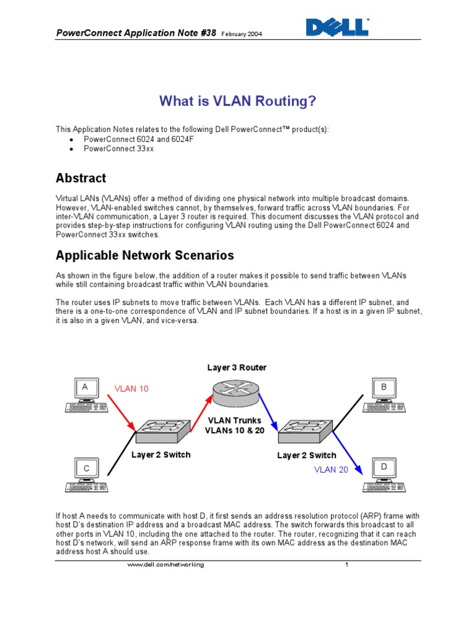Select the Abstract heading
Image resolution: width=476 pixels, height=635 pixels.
[81, 178]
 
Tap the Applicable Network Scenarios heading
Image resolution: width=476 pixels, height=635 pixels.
[145, 255]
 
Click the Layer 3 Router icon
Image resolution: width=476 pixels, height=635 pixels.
[236, 392]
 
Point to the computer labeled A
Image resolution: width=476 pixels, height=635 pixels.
[86, 397]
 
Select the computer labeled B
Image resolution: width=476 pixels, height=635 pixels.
[384, 397]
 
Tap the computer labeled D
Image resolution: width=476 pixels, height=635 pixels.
[384, 475]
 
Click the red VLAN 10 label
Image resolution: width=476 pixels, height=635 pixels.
[131, 389]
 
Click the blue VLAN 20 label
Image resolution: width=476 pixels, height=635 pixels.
[331, 469]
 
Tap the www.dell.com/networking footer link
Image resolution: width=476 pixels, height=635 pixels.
[165, 565]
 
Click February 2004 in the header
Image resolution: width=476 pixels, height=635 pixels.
[241, 34]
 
